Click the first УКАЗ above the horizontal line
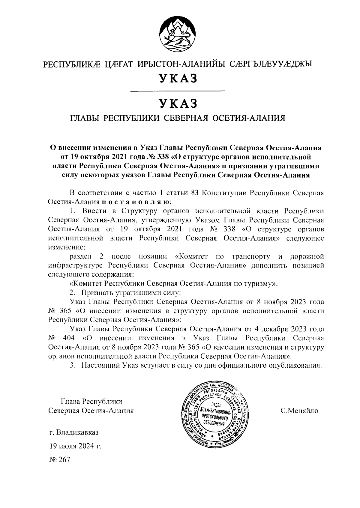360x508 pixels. tap(178, 78)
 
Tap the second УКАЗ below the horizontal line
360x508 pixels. tap(178, 103)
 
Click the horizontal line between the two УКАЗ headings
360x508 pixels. tap(178, 91)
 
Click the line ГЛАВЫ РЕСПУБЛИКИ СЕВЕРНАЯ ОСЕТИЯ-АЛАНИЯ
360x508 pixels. tap(178, 118)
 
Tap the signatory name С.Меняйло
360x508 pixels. tap(299, 411)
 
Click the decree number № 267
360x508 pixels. tap(60, 459)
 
